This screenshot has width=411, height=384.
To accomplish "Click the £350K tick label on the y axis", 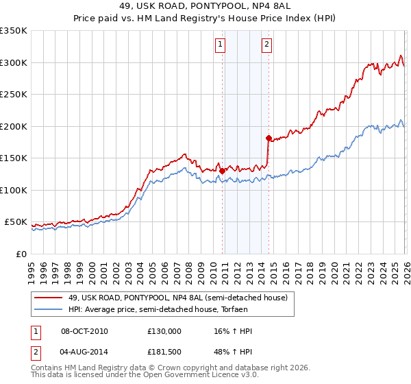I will coord(14,31).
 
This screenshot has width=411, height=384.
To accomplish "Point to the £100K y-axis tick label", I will coord(14,190).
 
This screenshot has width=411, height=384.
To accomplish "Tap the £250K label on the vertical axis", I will coord(14,95).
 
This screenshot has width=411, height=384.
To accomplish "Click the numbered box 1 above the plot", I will coord(220,46).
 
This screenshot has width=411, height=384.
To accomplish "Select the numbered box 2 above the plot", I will coord(266,46).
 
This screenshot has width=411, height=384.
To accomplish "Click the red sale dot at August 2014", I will coord(269,138).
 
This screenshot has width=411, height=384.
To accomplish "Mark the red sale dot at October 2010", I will coord(222,171).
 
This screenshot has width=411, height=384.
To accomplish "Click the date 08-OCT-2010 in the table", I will coord(84,331).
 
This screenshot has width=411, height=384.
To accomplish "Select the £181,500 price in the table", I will coord(164,353).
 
